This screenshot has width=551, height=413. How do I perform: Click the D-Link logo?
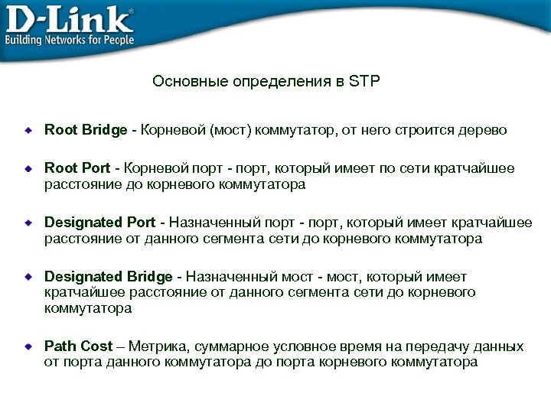point(69,17)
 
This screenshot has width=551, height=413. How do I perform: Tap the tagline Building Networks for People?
point(70,40)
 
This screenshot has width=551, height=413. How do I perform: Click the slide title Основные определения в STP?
point(266,81)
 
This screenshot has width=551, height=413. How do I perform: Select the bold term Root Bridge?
point(86,130)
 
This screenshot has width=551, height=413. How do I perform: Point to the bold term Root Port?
point(77,168)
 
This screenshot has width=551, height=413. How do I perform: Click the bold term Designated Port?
point(99,223)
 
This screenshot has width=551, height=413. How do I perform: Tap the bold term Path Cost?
point(78,346)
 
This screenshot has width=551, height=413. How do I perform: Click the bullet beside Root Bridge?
point(28,131)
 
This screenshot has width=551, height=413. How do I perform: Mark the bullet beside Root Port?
point(28,169)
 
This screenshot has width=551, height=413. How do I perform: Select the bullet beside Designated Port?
point(28,223)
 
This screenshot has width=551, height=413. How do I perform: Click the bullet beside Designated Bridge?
point(28,277)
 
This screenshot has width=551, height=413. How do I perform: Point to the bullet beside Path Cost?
point(28,347)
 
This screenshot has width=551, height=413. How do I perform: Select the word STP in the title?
point(364,81)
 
